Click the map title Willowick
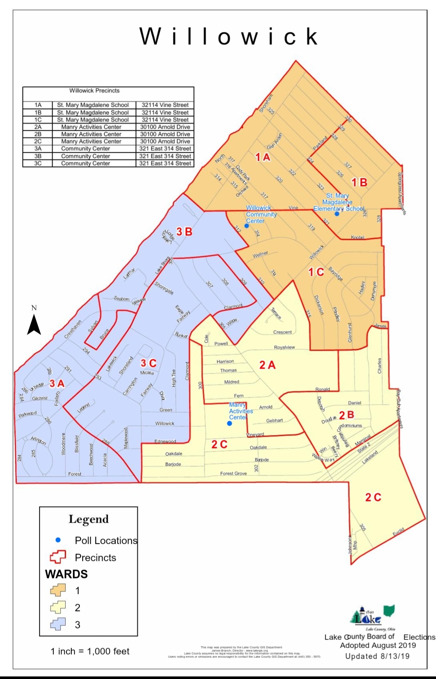(229, 37)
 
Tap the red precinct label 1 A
(262, 157)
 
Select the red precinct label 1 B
(359, 182)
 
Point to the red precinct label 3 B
(184, 232)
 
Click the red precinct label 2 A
(267, 365)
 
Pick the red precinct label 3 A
(57, 383)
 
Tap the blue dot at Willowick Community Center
(247, 226)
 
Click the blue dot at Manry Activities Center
(229, 424)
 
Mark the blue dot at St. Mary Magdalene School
(337, 214)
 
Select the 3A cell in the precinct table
(38, 149)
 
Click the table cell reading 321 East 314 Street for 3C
(165, 163)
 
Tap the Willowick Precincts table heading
(95, 91)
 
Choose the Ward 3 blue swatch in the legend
(58, 624)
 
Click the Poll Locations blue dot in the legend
(58, 540)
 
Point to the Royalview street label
(284, 347)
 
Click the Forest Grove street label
(233, 473)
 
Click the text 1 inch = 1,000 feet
(90, 651)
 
